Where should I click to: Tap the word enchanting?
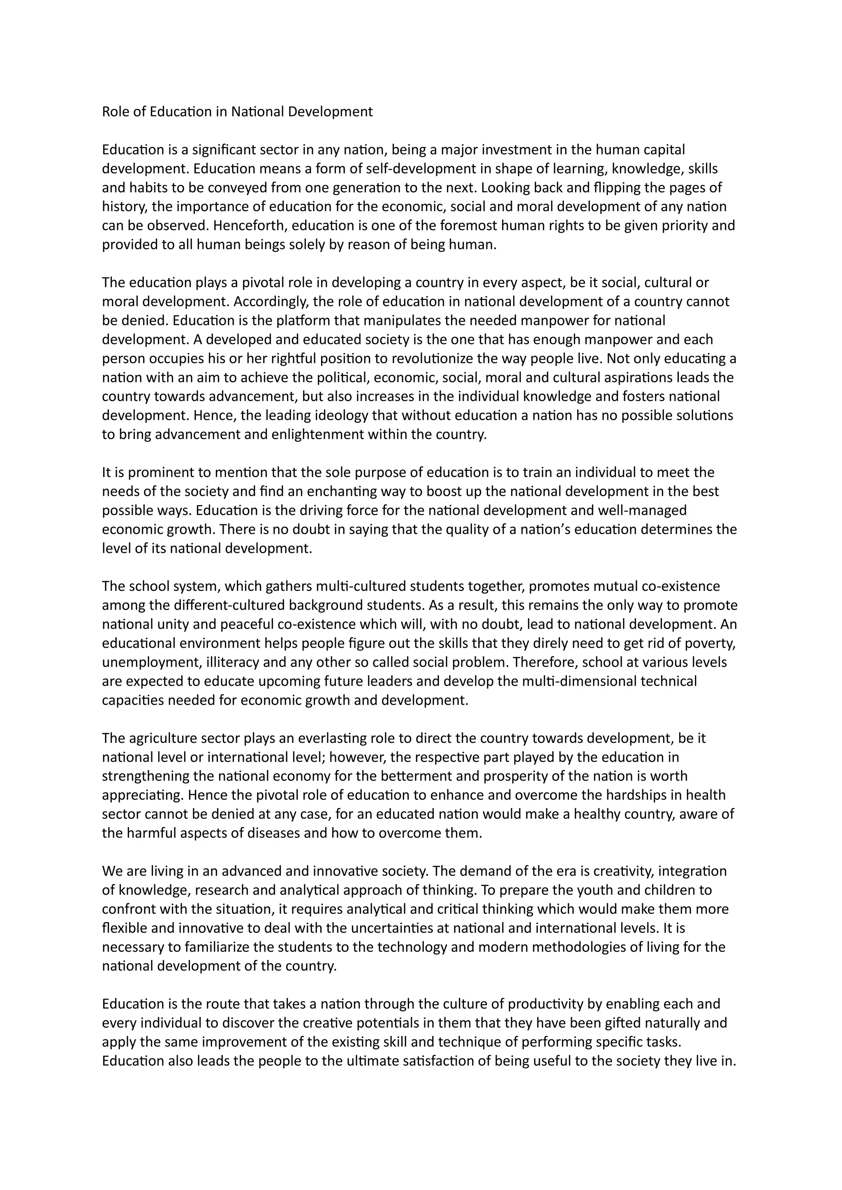coord(341,491)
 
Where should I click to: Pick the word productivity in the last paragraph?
coord(546,1004)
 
